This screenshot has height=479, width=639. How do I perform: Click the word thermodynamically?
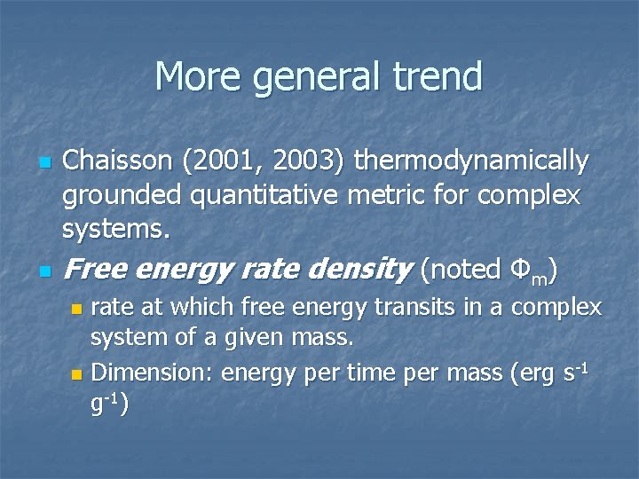[x=471, y=163]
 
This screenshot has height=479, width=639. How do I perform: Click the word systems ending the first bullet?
[x=115, y=229]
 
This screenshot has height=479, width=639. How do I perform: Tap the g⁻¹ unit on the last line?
[x=106, y=404]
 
